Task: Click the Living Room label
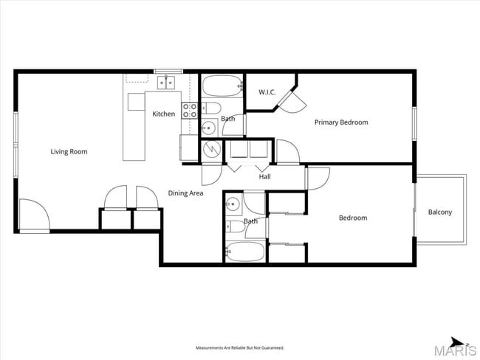[69, 152]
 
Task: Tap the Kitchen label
[164, 114]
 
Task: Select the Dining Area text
[185, 193]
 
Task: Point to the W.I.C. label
[267, 92]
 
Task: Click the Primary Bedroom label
[341, 122]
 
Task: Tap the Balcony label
[440, 212]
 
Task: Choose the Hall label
[264, 177]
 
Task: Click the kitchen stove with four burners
[190, 111]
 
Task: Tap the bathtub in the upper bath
[222, 88]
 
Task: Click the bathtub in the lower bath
[244, 252]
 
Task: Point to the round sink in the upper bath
[209, 128]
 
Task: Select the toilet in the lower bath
[232, 225]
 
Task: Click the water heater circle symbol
[210, 148]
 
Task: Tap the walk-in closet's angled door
[289, 102]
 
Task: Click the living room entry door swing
[33, 215]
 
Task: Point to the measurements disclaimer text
[239, 347]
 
